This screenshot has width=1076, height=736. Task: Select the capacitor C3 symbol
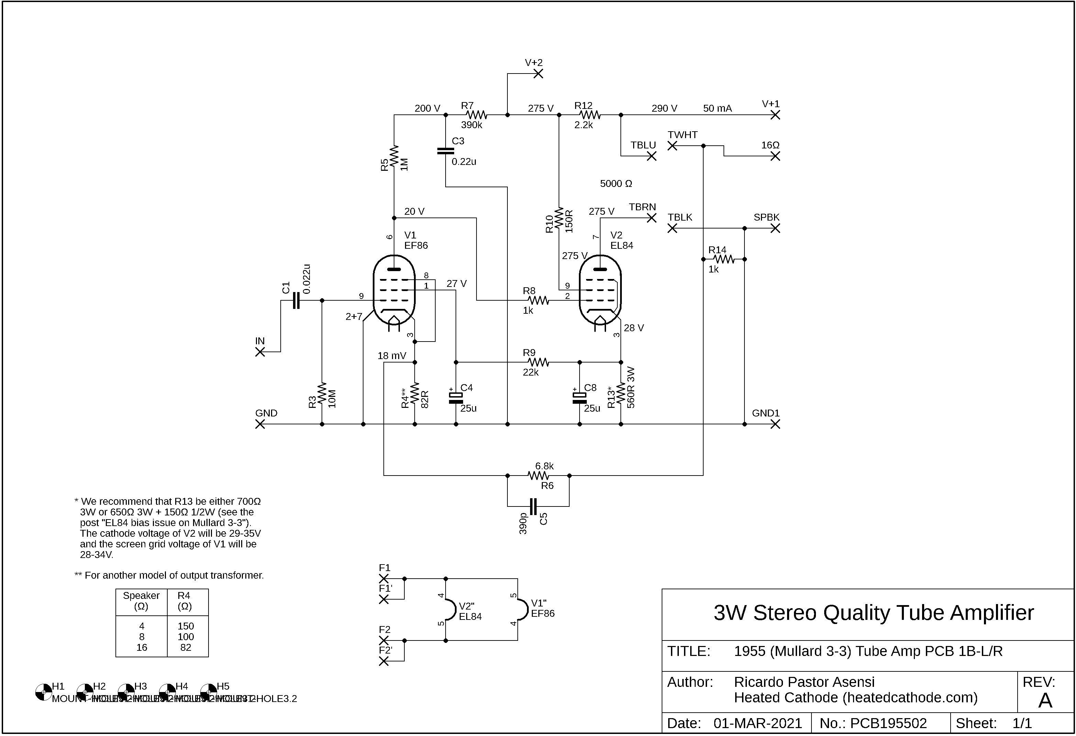tap(445, 151)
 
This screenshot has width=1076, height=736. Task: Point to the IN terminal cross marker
tap(260, 352)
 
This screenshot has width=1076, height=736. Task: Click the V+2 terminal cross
tap(538, 74)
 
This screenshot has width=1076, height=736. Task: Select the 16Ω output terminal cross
tap(775, 156)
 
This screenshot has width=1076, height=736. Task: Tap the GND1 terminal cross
tap(775, 424)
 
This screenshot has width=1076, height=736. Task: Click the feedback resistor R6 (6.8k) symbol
tap(538, 475)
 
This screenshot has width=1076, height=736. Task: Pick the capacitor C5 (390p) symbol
tap(533, 506)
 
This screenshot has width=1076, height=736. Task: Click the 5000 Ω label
tap(616, 184)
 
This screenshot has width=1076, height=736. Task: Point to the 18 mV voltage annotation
tap(392, 356)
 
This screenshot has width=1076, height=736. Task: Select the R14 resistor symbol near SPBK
tap(723, 259)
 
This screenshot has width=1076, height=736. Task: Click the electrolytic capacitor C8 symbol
tap(579, 398)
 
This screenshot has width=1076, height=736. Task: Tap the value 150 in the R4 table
tap(186, 626)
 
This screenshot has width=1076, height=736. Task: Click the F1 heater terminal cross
tap(384, 579)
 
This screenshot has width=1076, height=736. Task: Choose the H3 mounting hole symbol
tap(126, 692)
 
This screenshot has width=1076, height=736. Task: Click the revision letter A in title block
tap(1045, 701)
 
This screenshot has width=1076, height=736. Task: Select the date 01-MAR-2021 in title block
tap(758, 724)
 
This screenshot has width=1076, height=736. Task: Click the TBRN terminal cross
tap(651, 218)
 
